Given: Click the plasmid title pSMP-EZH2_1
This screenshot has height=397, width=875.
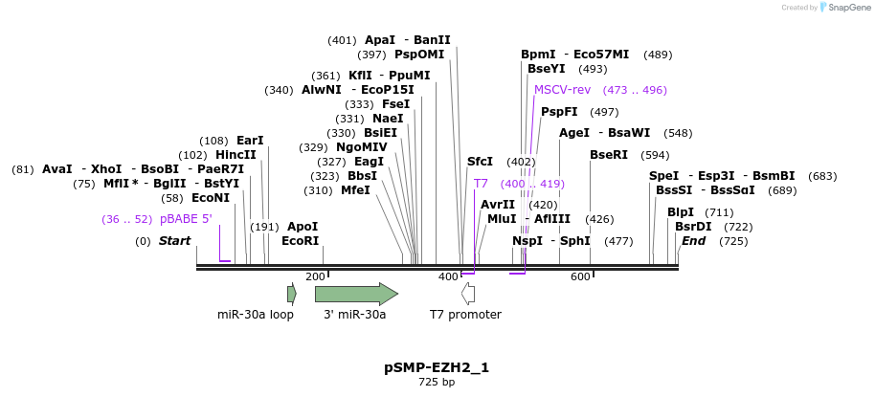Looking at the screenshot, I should pyautogui.click(x=437, y=367).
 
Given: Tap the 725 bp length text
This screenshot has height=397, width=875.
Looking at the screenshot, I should pyautogui.click(x=437, y=383).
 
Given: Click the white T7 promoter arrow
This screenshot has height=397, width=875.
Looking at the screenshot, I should pyautogui.click(x=468, y=294).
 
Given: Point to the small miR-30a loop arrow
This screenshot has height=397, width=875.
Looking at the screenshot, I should pyautogui.click(x=292, y=294).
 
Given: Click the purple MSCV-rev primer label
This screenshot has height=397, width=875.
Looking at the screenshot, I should pyautogui.click(x=562, y=90).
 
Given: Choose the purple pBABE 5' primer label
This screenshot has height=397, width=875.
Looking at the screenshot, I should pyautogui.click(x=186, y=219).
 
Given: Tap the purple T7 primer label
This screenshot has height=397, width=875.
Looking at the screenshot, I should pyautogui.click(x=481, y=184).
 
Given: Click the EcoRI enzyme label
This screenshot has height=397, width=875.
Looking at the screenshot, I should pyautogui.click(x=300, y=241).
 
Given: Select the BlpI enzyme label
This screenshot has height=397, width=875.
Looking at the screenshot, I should pyautogui.click(x=681, y=212).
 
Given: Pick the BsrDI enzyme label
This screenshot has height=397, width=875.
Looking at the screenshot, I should pyautogui.click(x=693, y=227).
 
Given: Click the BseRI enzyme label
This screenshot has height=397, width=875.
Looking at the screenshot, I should pyautogui.click(x=609, y=155).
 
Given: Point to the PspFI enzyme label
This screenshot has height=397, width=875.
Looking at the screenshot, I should pyautogui.click(x=559, y=112).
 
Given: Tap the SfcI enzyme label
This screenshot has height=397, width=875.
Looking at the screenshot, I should pyautogui.click(x=480, y=162).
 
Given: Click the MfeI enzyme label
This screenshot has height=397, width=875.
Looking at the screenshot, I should pyautogui.click(x=355, y=190).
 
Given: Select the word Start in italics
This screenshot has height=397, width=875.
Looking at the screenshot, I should pyautogui.click(x=174, y=241).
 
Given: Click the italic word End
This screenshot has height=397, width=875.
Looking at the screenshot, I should pyautogui.click(x=693, y=241).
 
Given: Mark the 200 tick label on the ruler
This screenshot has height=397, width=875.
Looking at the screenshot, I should pyautogui.click(x=315, y=276).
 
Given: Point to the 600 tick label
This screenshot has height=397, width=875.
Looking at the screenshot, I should pyautogui.click(x=580, y=276).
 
